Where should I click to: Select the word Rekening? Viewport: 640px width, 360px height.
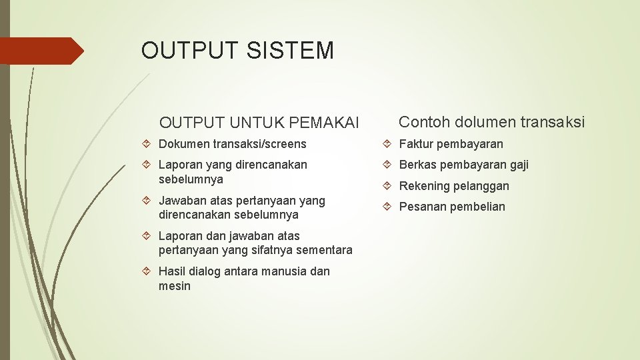[x=423, y=186]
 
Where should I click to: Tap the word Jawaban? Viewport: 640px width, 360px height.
[x=183, y=201]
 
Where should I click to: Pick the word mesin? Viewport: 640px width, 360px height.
[x=175, y=286]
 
